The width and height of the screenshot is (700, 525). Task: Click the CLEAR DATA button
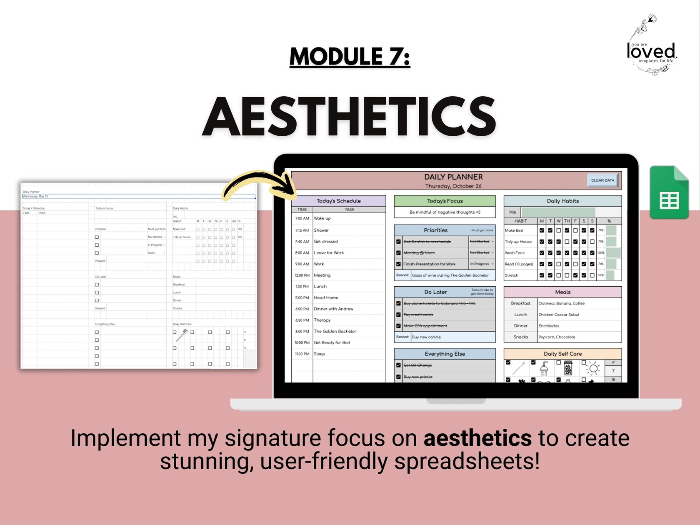click(602, 180)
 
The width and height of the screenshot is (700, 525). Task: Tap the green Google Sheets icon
click(669, 192)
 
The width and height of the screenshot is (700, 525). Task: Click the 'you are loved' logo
click(652, 46)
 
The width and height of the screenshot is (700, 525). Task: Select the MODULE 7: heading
click(350, 57)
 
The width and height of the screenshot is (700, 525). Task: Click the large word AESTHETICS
click(349, 117)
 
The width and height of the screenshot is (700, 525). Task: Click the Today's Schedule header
click(338, 201)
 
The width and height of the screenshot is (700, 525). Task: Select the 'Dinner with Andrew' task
click(333, 309)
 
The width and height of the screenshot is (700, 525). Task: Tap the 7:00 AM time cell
click(302, 218)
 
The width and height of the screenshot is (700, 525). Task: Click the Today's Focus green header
click(445, 201)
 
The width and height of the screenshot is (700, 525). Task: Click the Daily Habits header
click(562, 201)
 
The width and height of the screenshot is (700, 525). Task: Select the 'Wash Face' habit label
click(515, 253)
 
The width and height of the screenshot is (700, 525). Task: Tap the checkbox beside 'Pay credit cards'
click(398, 315)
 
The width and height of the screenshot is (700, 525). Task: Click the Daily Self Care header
click(562, 354)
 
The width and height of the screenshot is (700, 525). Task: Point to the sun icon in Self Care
click(593, 369)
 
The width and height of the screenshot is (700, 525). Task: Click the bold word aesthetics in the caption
click(477, 438)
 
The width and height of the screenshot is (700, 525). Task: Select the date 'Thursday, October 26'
click(453, 186)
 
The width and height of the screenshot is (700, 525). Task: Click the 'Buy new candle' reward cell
click(452, 337)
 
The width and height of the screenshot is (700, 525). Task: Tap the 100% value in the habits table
click(600, 253)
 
